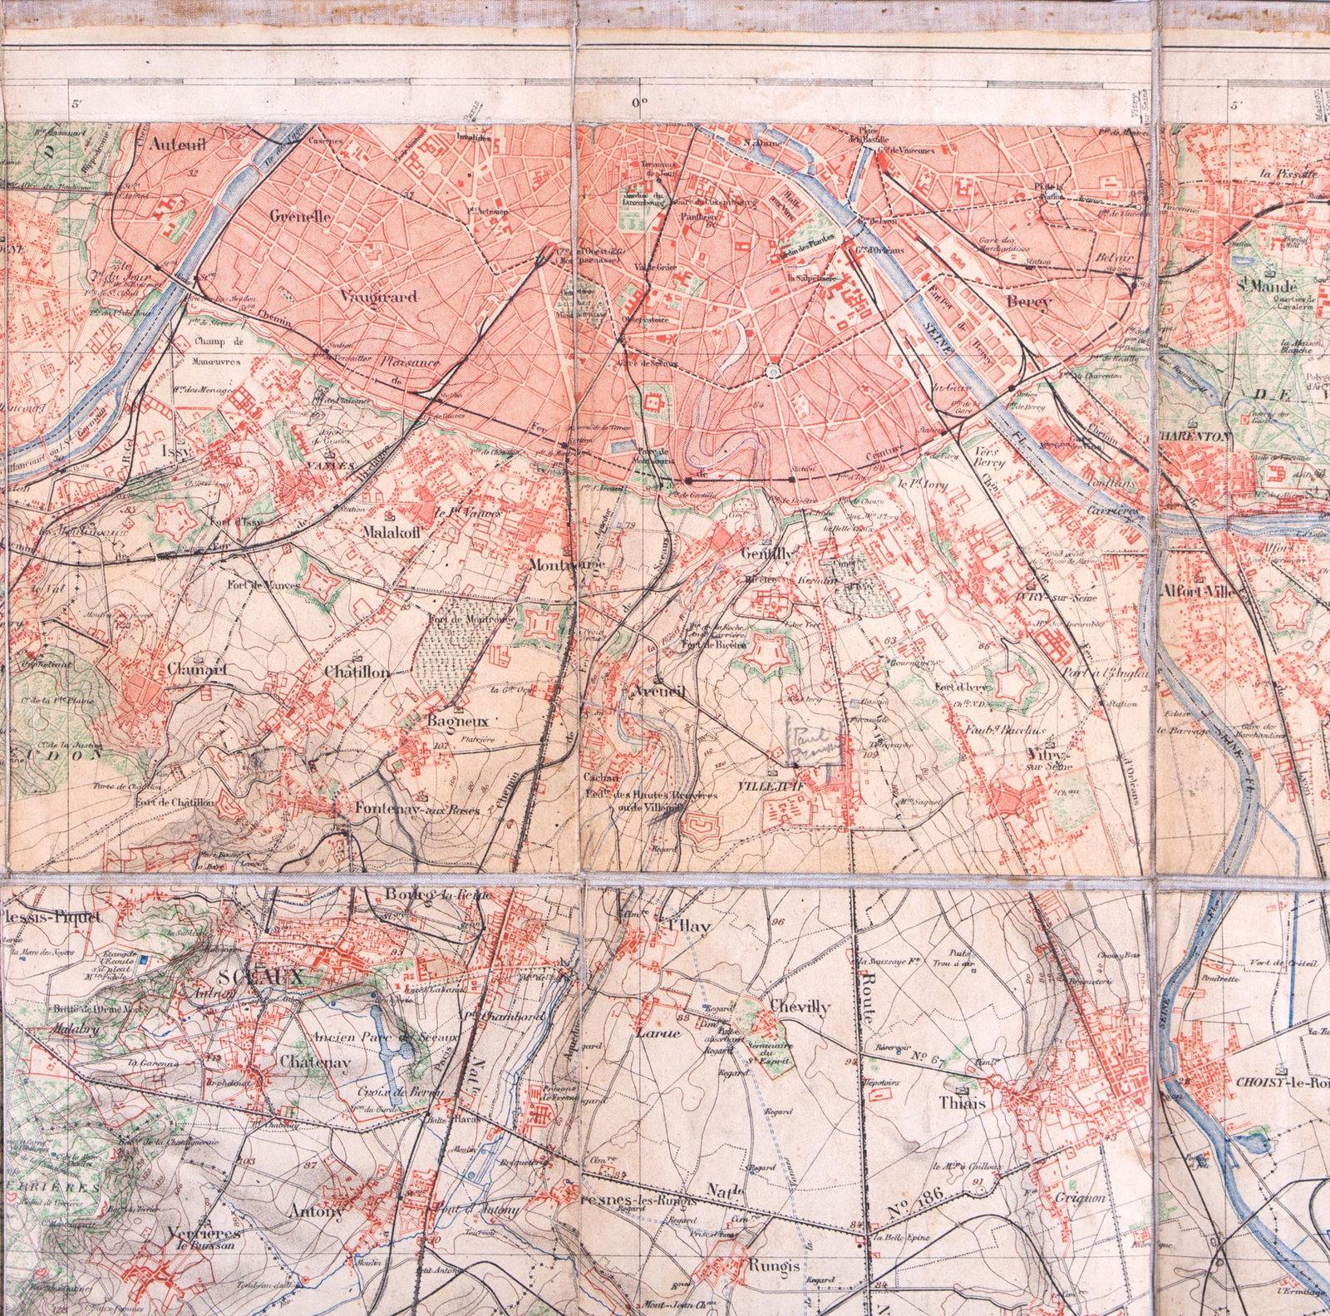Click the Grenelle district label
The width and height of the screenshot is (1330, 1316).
point(300,216)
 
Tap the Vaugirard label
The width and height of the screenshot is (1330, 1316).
point(378,296)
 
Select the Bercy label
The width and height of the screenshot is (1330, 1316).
point(1029,303)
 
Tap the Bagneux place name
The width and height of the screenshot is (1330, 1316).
point(458,721)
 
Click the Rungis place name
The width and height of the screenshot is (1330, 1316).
point(773,1265)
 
